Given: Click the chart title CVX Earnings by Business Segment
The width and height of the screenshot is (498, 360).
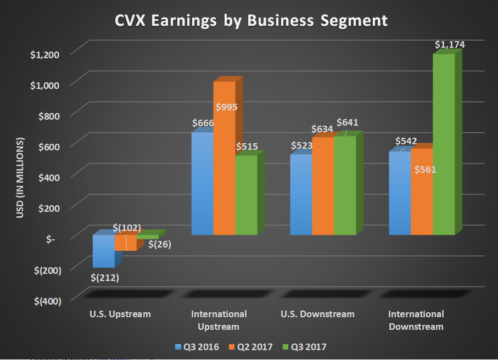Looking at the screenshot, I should [251, 20].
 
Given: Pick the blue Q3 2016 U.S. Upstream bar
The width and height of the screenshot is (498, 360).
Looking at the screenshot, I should [103, 251].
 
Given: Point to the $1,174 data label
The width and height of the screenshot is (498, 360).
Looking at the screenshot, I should [450, 45].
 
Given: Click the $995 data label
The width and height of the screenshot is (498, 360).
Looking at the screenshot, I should [226, 107].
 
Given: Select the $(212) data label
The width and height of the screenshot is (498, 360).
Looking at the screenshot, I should [105, 277].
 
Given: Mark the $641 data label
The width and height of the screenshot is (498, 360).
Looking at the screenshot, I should [347, 122].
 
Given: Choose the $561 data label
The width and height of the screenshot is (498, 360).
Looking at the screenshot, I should [425, 169].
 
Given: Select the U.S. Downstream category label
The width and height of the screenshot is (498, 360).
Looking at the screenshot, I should [317, 314].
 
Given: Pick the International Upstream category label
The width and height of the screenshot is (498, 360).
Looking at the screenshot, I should [219, 320].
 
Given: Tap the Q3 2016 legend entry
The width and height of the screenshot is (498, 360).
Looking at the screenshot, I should [197, 347].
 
